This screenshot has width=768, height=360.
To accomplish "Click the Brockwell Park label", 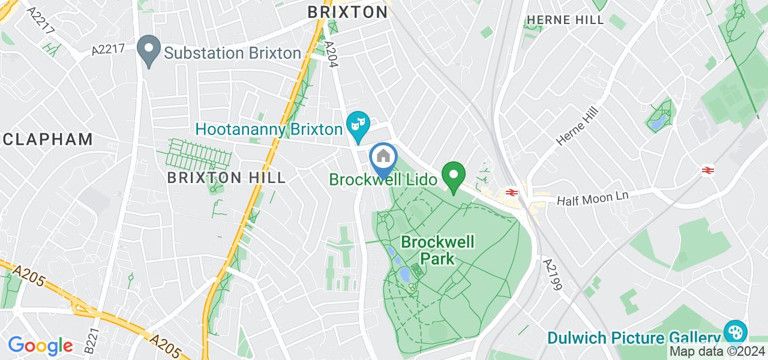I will coord(437,250).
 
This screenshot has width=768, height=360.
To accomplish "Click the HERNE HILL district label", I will coord(565,20).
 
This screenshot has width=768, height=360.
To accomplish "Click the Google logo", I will coord(40,345).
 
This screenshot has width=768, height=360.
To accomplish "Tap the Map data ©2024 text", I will coord(717,352).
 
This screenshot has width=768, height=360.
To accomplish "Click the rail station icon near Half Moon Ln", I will coord(512,193).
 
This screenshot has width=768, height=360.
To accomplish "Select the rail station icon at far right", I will coord(708,171).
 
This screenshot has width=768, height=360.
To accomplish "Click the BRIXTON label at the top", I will coord(347,11).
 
